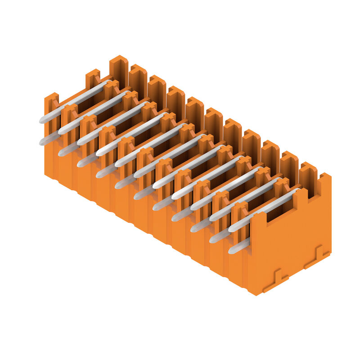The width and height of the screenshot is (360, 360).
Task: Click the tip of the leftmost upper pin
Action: coord(42,120)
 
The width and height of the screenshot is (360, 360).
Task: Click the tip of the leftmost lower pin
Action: coord(42,142)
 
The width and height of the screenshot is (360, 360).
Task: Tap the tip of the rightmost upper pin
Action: coord(231,229)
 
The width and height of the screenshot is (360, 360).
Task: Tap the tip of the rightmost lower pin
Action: coord(231,250)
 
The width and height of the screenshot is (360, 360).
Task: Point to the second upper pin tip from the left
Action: coord(61,131)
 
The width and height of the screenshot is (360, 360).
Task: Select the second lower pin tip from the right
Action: coord(212,239)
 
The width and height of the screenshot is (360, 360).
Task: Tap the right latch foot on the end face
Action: coord(317,255)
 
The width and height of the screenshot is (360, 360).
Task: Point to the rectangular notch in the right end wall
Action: coord(287,207)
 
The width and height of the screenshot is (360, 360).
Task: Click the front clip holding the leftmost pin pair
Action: coord(51,108)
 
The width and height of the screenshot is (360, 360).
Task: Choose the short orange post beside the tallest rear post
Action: coord(93,78)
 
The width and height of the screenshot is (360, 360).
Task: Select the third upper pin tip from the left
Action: coord(80,141)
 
